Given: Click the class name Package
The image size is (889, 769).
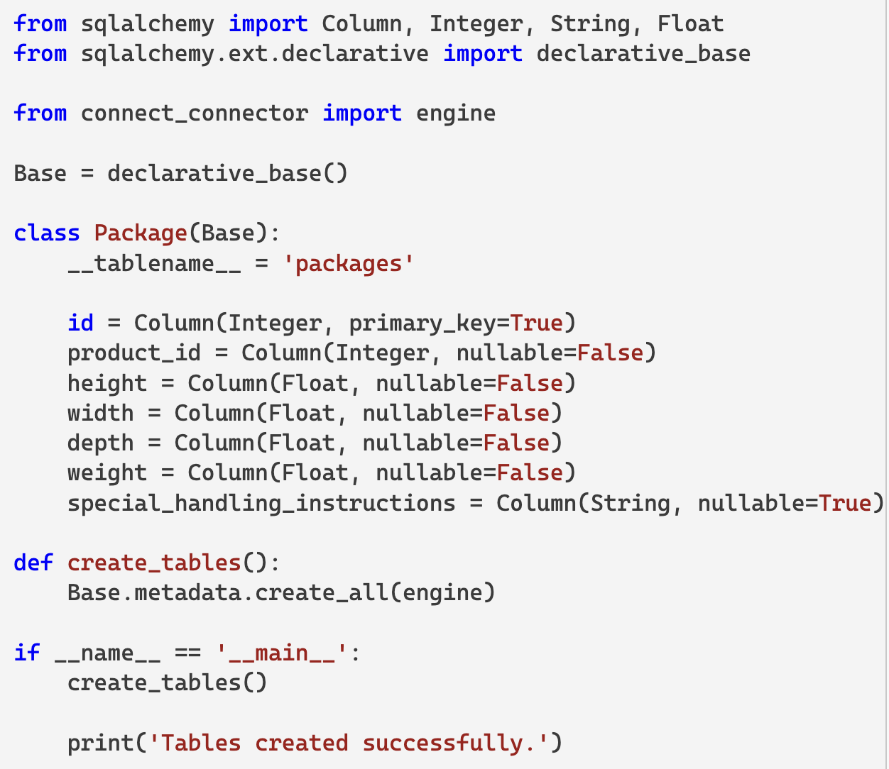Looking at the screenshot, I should point(140,233).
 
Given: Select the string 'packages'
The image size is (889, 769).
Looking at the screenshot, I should point(349,264).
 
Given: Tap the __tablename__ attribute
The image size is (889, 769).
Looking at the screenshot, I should point(154,264).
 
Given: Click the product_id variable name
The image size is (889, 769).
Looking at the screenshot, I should point(134,353).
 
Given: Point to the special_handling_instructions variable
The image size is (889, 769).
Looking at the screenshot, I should point(261,503).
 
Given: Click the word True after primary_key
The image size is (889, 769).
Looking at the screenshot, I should point(536,323).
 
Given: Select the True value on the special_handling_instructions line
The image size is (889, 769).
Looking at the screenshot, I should point(844,503).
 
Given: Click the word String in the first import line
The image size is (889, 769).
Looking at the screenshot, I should point(590,24).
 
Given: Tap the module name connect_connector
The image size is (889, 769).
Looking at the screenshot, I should point(195,114).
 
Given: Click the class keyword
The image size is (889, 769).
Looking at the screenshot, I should point(47,233).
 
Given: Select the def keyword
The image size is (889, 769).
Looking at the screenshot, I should point(33,563).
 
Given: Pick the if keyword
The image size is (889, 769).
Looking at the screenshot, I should point(27,653).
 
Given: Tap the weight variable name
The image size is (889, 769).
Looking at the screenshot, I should point(107,473).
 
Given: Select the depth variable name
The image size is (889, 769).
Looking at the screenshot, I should point(100,443).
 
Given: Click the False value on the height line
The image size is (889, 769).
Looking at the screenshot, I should point(529,384).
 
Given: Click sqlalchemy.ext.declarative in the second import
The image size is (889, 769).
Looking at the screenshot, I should point(254,54).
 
